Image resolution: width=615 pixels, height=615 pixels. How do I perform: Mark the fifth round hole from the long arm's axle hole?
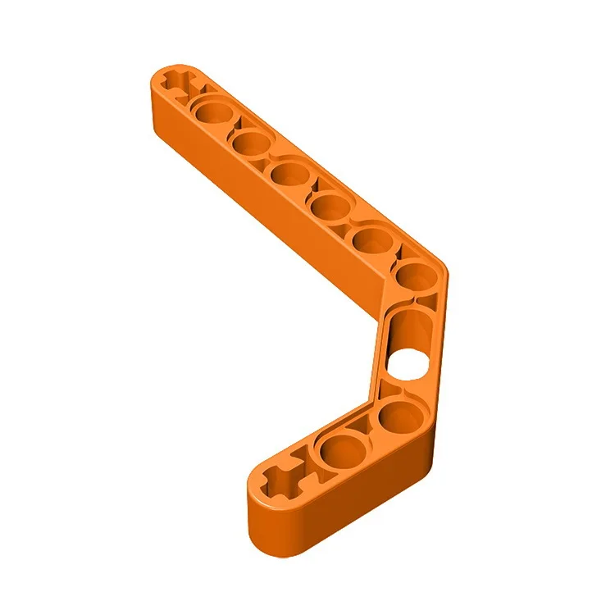point(371,239)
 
